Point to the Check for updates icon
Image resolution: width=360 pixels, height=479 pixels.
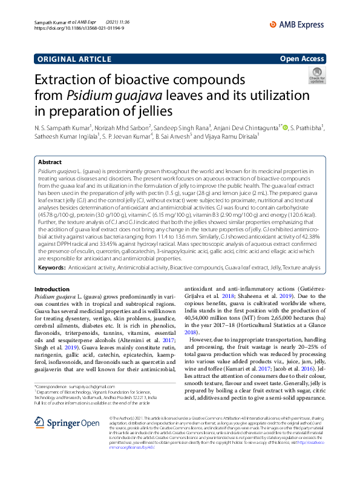[x=316, y=76]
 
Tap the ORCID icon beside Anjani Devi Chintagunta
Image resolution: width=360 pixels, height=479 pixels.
[x=285, y=127]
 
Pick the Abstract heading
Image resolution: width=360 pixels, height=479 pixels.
[x=50, y=162]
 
